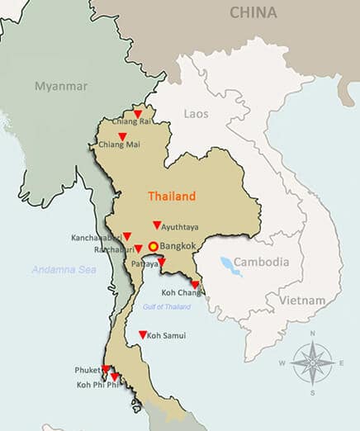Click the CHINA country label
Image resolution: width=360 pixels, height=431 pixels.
pyautogui.click(x=253, y=12)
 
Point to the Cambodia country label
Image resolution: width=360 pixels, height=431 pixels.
pyautogui.click(x=261, y=262)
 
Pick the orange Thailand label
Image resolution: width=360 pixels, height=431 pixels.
pyautogui.click(x=172, y=197)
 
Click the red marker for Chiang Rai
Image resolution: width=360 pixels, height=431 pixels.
pyautogui.click(x=138, y=114)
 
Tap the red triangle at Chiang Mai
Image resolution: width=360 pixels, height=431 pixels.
pyautogui.click(x=122, y=136)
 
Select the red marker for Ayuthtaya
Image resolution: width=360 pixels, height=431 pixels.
pyautogui.click(x=157, y=225)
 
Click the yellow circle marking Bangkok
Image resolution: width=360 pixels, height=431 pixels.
pyautogui.click(x=153, y=246)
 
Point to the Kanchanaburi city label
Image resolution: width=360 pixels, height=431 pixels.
pyautogui.click(x=95, y=238)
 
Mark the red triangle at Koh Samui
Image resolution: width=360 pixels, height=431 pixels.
pyautogui.click(x=143, y=334)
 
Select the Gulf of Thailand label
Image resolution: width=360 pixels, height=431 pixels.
pyautogui.click(x=168, y=307)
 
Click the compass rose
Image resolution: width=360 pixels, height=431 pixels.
pyautogui.click(x=312, y=361)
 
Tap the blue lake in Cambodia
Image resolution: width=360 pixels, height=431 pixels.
pyautogui.click(x=226, y=265)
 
